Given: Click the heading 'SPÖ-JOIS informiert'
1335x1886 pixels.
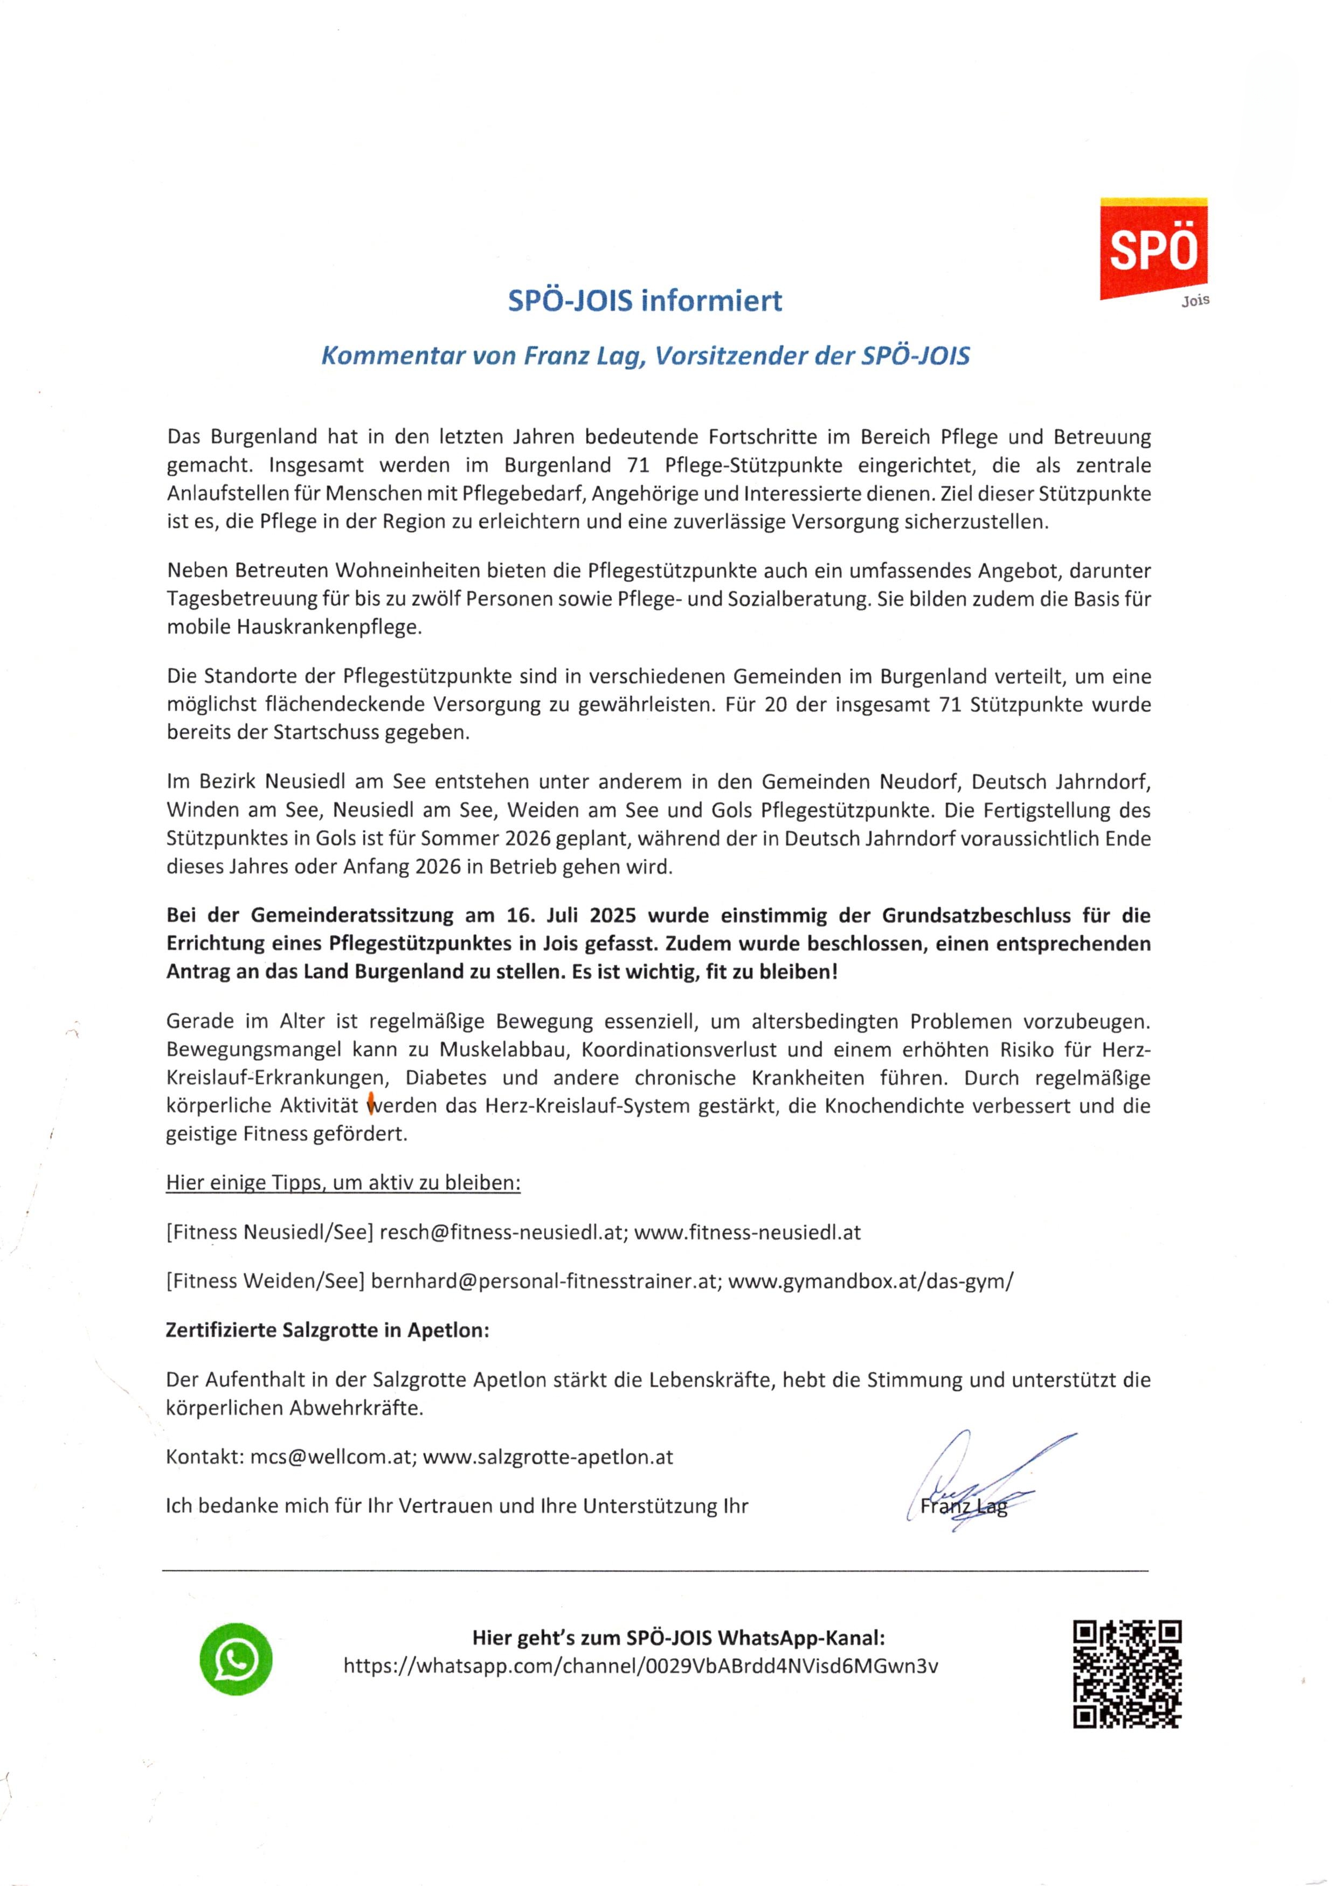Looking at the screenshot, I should [x=645, y=301].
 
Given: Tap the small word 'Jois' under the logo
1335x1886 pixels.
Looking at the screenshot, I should [x=1195, y=301].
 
